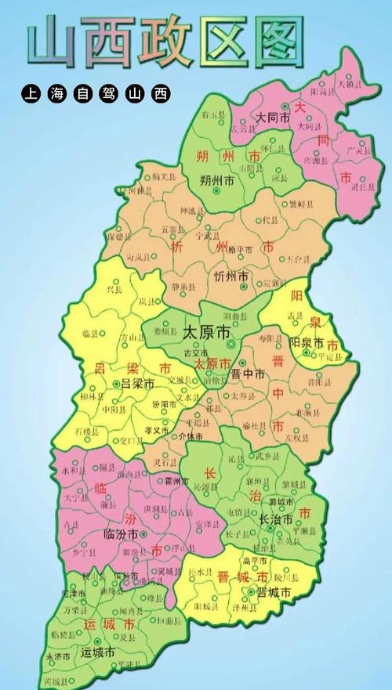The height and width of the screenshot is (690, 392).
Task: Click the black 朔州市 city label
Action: [218, 180]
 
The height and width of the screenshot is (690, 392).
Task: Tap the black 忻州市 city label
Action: [231, 276]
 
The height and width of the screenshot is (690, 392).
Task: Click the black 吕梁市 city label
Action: [139, 384]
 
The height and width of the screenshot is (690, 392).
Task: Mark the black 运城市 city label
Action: [98, 652]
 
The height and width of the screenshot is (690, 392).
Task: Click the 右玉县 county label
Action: [209, 115]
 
